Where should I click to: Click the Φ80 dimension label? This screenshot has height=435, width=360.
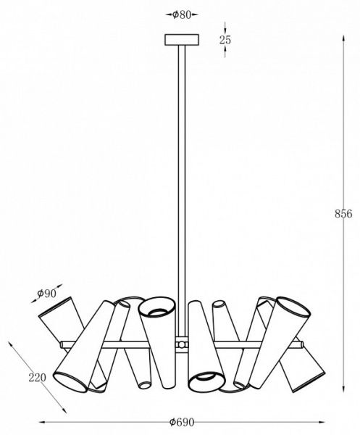click(182, 14)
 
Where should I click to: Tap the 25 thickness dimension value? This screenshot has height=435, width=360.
click(225, 40)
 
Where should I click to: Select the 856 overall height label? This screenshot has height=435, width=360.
click(343, 214)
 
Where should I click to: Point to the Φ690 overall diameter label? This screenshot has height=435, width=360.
click(182, 422)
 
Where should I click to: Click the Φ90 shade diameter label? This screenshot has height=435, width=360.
click(46, 293)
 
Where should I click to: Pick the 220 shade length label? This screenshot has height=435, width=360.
click(37, 378)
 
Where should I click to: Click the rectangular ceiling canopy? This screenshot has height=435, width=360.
click(182, 40)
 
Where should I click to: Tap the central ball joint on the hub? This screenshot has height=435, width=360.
click(181, 345)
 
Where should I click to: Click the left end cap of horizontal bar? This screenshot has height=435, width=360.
click(62, 344)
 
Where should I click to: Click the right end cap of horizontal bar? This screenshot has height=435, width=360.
click(301, 344)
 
